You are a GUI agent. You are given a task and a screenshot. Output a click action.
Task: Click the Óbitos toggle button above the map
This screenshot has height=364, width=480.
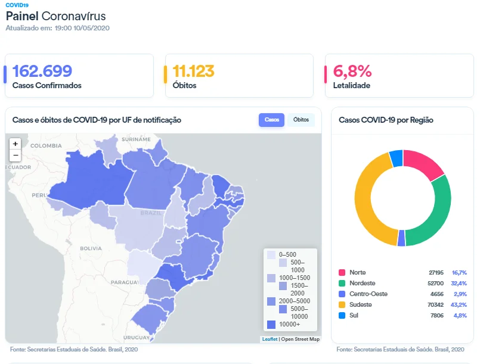click(x=301, y=120)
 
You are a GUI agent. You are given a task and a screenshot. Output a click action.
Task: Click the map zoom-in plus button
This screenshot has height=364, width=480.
click(x=16, y=144)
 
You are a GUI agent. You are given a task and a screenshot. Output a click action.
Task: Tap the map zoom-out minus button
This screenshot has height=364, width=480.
click(x=16, y=155)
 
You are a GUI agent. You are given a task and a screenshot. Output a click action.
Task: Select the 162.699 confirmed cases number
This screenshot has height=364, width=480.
click(x=42, y=71)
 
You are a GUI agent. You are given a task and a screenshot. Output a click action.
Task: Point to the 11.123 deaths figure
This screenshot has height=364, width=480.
click(x=193, y=71)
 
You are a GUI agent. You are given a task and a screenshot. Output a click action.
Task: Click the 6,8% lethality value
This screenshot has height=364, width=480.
click(x=352, y=71)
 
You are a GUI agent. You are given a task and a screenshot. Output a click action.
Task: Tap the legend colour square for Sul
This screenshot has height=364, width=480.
click(x=342, y=315)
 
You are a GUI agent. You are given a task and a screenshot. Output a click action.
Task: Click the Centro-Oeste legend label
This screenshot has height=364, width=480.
click(x=368, y=294)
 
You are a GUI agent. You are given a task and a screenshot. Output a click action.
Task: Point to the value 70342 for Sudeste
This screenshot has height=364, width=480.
click(x=435, y=304)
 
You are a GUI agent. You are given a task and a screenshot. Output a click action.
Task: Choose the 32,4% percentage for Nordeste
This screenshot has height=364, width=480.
click(x=459, y=283)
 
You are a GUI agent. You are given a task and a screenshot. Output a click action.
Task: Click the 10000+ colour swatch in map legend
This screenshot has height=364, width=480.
click(x=271, y=324)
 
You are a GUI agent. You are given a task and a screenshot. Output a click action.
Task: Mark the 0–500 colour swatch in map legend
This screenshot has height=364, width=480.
click(x=271, y=255)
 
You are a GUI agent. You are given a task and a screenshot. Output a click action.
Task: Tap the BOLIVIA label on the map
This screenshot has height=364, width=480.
click(x=91, y=248)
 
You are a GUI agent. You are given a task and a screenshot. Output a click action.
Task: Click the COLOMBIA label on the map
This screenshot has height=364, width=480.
click(x=46, y=146)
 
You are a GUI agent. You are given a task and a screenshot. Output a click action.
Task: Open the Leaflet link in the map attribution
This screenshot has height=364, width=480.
click(x=270, y=339)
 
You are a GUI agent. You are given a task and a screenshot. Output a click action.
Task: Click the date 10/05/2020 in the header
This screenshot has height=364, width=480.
click(x=92, y=28)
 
